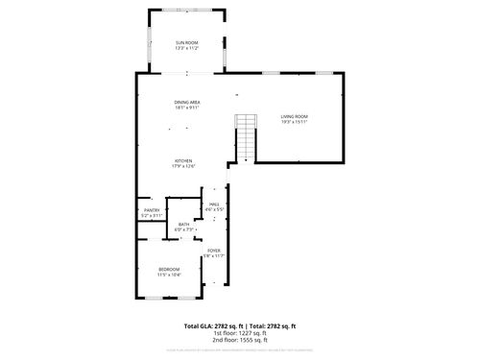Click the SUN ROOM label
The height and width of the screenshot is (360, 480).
point(186,43)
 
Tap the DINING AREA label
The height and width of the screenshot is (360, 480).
point(186,103)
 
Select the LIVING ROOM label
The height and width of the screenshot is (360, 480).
point(294,116)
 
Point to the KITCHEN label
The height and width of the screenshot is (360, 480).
point(183,160)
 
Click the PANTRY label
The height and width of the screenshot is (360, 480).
point(152,210)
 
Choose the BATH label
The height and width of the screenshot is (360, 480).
point(183,225)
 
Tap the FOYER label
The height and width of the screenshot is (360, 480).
point(213,251)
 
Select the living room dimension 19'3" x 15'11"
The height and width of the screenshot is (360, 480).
point(294,122)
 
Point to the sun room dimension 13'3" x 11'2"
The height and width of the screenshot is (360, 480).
point(186,49)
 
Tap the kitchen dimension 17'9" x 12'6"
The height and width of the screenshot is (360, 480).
point(183,166)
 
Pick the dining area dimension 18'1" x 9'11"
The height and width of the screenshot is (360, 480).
point(186,108)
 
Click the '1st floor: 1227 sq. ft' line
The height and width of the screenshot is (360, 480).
point(240,333)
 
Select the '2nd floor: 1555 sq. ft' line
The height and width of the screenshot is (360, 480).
point(240,340)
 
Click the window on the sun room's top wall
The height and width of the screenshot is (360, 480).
point(186,11)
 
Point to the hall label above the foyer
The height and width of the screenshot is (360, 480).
point(215,204)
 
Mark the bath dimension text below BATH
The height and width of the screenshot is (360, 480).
point(184,230)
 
